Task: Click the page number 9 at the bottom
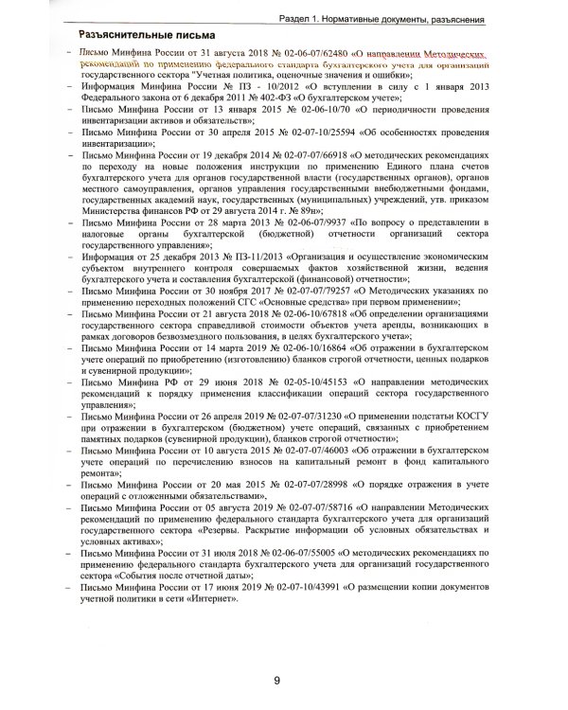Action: (x=276, y=680)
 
